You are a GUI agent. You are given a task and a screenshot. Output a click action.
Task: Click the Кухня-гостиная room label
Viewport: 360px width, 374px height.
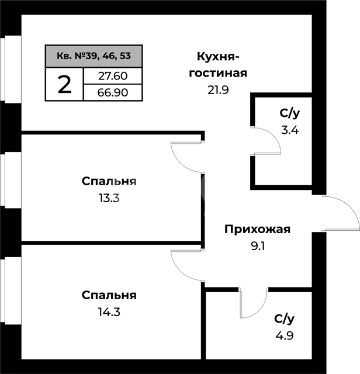tap(218, 65)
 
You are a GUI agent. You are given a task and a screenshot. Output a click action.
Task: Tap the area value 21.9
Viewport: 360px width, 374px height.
tap(218, 90)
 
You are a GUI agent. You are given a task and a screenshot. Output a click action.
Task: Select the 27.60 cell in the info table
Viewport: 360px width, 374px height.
tap(113, 76)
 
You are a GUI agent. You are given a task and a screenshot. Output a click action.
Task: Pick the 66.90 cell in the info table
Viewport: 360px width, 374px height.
tap(113, 92)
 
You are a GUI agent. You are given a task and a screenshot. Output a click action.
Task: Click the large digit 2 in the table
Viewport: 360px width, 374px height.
tap(64, 84)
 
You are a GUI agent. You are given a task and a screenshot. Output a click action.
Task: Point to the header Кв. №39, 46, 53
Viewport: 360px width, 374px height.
tap(94, 56)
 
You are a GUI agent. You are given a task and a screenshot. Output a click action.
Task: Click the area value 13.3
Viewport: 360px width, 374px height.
tap(109, 198)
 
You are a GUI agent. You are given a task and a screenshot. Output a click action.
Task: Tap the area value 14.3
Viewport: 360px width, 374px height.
tap(109, 312)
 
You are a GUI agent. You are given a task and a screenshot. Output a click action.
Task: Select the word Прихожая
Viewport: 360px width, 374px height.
tap(257, 230)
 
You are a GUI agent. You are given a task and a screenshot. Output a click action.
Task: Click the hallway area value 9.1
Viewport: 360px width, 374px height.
tap(258, 246)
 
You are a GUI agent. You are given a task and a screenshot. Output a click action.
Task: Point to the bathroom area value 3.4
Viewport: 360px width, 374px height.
tap(290, 130)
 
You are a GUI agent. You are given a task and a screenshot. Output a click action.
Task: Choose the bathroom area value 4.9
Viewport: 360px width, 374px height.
tap(285, 335)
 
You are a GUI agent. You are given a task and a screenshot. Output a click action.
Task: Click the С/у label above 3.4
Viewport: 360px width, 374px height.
tap(290, 113)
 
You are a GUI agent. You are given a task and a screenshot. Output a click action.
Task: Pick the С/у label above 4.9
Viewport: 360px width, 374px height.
tap(285, 319)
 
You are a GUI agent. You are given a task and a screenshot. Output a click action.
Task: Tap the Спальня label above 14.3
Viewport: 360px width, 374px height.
tap(109, 296)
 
